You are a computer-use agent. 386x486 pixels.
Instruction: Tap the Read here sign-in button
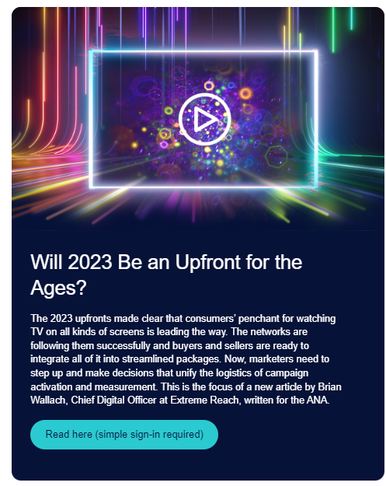[124, 434]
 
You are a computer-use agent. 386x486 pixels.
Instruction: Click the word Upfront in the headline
[208, 263]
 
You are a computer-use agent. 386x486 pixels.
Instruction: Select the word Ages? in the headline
[58, 288]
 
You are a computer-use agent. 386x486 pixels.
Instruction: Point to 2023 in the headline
[90, 262]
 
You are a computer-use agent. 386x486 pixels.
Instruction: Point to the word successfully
[120, 345]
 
